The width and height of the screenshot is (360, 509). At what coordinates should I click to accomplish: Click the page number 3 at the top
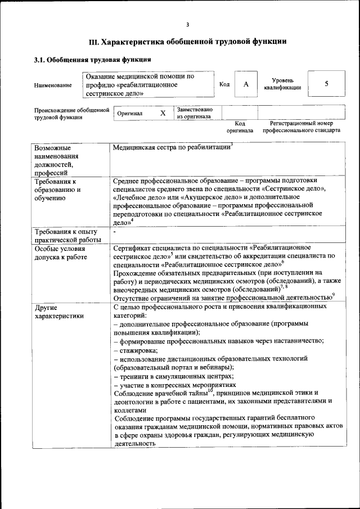(x=188, y=24)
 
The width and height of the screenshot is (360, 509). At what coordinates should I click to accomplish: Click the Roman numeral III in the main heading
(x=93, y=42)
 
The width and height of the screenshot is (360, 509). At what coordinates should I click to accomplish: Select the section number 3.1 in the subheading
(x=40, y=59)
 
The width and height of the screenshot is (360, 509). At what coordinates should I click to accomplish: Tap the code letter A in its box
(x=246, y=84)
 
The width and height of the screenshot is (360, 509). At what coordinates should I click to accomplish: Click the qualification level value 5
(x=327, y=84)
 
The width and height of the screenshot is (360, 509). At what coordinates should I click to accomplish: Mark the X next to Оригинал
(x=163, y=113)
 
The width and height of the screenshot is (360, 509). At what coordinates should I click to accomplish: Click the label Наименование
(x=53, y=85)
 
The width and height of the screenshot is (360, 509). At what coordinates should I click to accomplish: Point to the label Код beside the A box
(x=224, y=84)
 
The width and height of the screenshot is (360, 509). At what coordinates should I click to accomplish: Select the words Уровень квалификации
(x=282, y=84)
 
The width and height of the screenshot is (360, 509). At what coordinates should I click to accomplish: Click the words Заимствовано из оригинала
(x=195, y=113)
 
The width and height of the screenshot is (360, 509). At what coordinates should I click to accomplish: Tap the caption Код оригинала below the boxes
(x=240, y=127)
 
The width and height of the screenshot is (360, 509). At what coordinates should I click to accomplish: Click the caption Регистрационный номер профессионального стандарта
(x=301, y=127)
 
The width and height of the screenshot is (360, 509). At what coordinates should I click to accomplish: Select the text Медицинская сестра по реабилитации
(x=172, y=147)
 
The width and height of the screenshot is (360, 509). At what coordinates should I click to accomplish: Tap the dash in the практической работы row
(x=115, y=232)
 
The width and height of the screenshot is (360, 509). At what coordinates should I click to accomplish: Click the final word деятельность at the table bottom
(x=134, y=443)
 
